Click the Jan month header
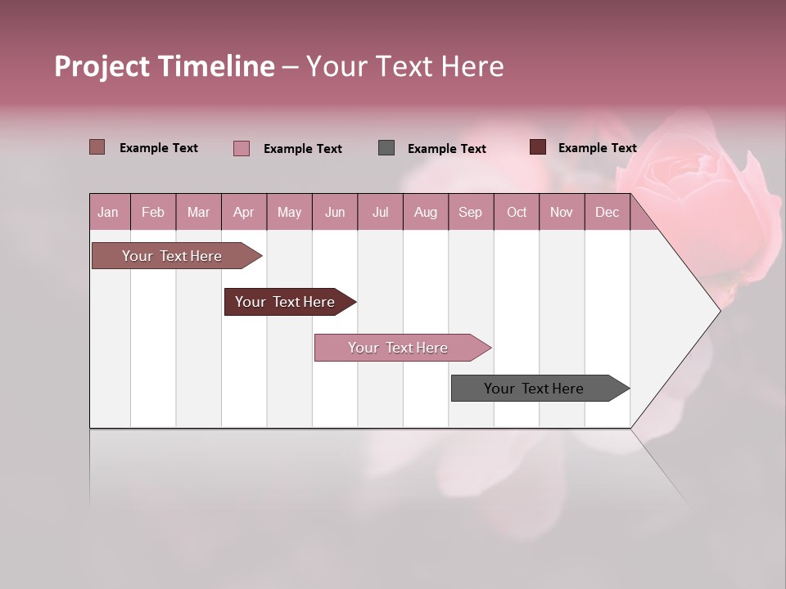pos(108,213)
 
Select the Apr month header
pos(243,213)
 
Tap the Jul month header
pos(380,213)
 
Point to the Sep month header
pos(470,213)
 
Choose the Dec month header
pos(607,213)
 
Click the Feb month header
pos(153,213)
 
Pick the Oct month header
pos(517,213)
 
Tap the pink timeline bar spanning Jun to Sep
pos(400,348)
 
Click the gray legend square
pos(386,148)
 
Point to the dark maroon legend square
pos(537,147)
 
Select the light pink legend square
pos(242,148)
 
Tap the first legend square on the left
pos(97,147)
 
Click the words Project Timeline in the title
pos(164,66)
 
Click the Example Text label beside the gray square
pos(446,149)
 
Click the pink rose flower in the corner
pos(704,196)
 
